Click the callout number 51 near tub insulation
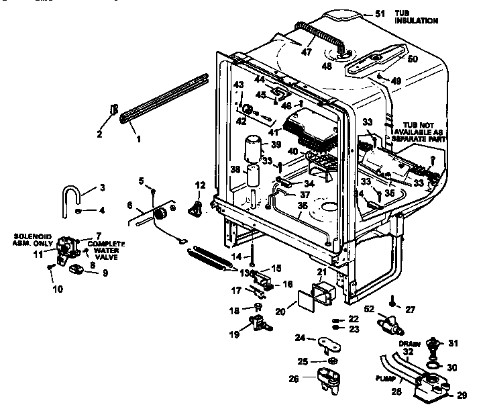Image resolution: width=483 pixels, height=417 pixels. click(x=380, y=13)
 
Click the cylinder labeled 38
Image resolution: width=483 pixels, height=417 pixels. click(x=253, y=179)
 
